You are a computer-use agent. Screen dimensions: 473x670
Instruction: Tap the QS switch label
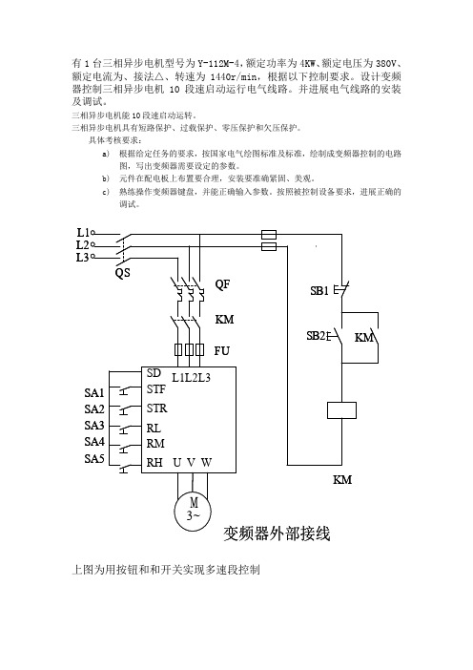pyautogui.click(x=122, y=273)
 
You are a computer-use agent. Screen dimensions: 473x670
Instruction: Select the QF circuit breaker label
pyautogui.click(x=222, y=284)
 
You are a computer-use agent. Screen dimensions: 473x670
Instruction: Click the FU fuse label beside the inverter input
pyautogui.click(x=221, y=351)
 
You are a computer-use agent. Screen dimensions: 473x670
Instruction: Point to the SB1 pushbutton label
pyautogui.click(x=319, y=291)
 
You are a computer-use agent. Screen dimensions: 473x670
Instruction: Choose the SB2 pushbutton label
pyautogui.click(x=316, y=336)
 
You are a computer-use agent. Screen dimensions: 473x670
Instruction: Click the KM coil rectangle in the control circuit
pyautogui.click(x=341, y=410)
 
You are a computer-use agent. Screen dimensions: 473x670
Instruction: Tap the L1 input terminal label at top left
pyautogui.click(x=83, y=233)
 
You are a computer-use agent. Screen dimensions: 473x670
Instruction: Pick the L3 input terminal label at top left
pyautogui.click(x=82, y=258)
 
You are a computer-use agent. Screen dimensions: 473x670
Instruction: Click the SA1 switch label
pyautogui.click(x=93, y=392)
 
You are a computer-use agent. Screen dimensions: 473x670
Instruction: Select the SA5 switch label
pyautogui.click(x=93, y=459)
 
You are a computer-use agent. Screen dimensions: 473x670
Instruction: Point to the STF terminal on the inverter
pyautogui.click(x=155, y=389)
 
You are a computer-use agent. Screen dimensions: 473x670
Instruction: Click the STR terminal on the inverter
pyautogui.click(x=156, y=408)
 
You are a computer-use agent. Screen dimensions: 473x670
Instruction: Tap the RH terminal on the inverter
pyautogui.click(x=154, y=463)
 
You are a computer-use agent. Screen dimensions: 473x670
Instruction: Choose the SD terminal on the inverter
pyautogui.click(x=154, y=373)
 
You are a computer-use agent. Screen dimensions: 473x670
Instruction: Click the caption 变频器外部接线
pyautogui.click(x=277, y=534)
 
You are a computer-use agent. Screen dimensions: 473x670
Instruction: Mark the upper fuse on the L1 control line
pyautogui.click(x=269, y=234)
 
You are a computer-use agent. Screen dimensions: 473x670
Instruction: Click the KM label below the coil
pyautogui.click(x=342, y=480)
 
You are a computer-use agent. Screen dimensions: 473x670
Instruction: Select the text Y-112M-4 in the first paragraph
pyautogui.click(x=218, y=64)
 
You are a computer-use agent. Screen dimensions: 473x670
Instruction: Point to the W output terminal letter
pyautogui.click(x=206, y=463)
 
